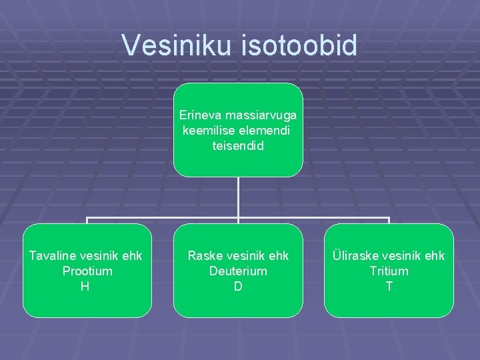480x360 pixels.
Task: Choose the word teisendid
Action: tap(238, 145)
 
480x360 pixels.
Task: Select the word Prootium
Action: tap(87, 271)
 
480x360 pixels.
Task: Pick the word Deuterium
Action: tap(238, 271)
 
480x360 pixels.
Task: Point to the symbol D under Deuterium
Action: tap(238, 286)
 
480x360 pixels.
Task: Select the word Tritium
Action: tap(389, 271)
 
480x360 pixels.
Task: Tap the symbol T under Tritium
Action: tap(389, 286)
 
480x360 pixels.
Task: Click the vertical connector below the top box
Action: tap(238, 197)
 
